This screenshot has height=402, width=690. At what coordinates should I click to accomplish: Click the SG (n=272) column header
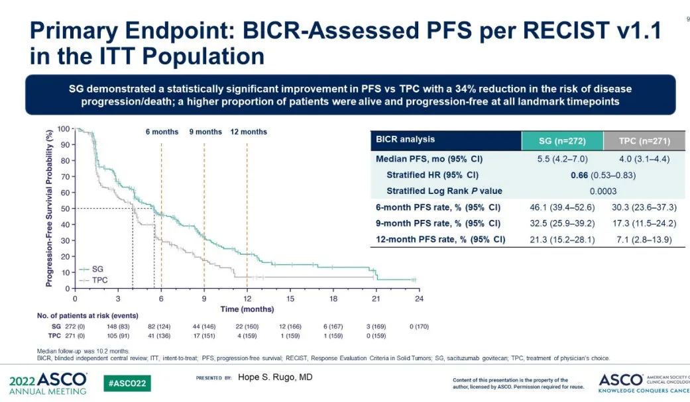point(562,140)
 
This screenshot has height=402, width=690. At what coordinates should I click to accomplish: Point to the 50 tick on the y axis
point(64,209)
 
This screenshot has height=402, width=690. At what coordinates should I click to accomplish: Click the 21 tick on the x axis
point(376,299)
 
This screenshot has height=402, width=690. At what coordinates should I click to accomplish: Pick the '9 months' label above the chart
point(205,132)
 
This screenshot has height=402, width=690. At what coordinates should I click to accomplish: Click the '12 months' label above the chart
point(249,132)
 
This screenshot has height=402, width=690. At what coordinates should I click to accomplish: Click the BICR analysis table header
point(405,140)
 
